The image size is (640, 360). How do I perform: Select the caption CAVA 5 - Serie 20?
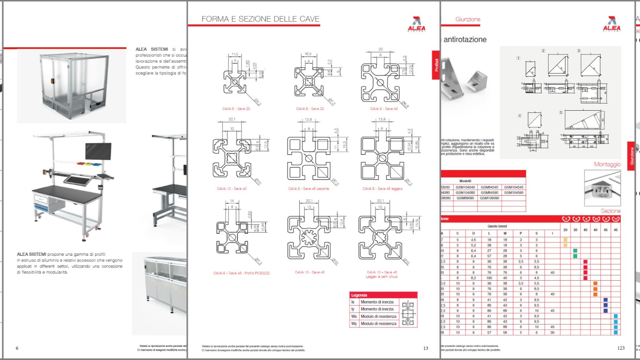coord(236,109)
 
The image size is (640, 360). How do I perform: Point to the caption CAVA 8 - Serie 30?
coord(310,109)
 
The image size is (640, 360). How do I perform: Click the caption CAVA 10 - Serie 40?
coord(232,189)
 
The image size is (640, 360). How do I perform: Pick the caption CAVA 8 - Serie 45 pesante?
coord(308,189)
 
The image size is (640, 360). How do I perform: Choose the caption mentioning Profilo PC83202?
coord(241,273)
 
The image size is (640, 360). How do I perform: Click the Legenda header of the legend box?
coord(359,295)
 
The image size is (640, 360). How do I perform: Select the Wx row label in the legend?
coord(354,316)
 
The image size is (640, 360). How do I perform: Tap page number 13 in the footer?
coord(426,348)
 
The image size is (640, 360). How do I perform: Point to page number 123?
coord(621,348)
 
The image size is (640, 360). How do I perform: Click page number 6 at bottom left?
coord(17,348)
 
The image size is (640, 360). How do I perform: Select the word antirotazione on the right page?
coord(465,39)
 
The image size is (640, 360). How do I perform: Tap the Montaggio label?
coord(607,164)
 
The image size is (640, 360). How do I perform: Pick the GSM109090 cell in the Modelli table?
coord(489,198)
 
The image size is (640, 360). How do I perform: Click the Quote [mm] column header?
coord(497,226)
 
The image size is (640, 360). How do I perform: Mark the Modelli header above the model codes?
coord(465,181)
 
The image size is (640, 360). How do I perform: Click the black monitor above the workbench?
coord(98,151)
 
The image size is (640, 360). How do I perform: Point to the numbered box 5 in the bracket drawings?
coord(561,113)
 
